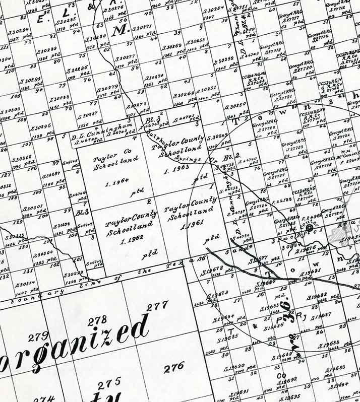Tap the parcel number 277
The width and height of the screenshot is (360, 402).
(157, 305)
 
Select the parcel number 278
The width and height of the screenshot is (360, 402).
(97, 321)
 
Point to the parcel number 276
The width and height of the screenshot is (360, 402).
(174, 367)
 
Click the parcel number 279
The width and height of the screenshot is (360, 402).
(38, 337)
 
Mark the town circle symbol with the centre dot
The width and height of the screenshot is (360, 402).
(309, 228)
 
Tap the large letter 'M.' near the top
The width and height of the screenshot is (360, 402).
(119, 31)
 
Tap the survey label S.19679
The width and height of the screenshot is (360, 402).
(218, 293)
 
